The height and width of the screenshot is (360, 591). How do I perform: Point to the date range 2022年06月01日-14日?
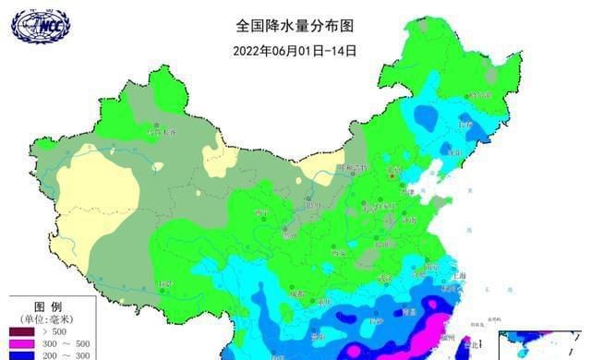(x=295, y=51)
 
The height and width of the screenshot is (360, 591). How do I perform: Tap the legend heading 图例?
(x=48, y=306)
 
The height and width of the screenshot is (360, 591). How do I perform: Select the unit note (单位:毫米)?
(x=48, y=318)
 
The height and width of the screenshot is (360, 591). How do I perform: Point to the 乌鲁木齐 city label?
(x=165, y=131)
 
